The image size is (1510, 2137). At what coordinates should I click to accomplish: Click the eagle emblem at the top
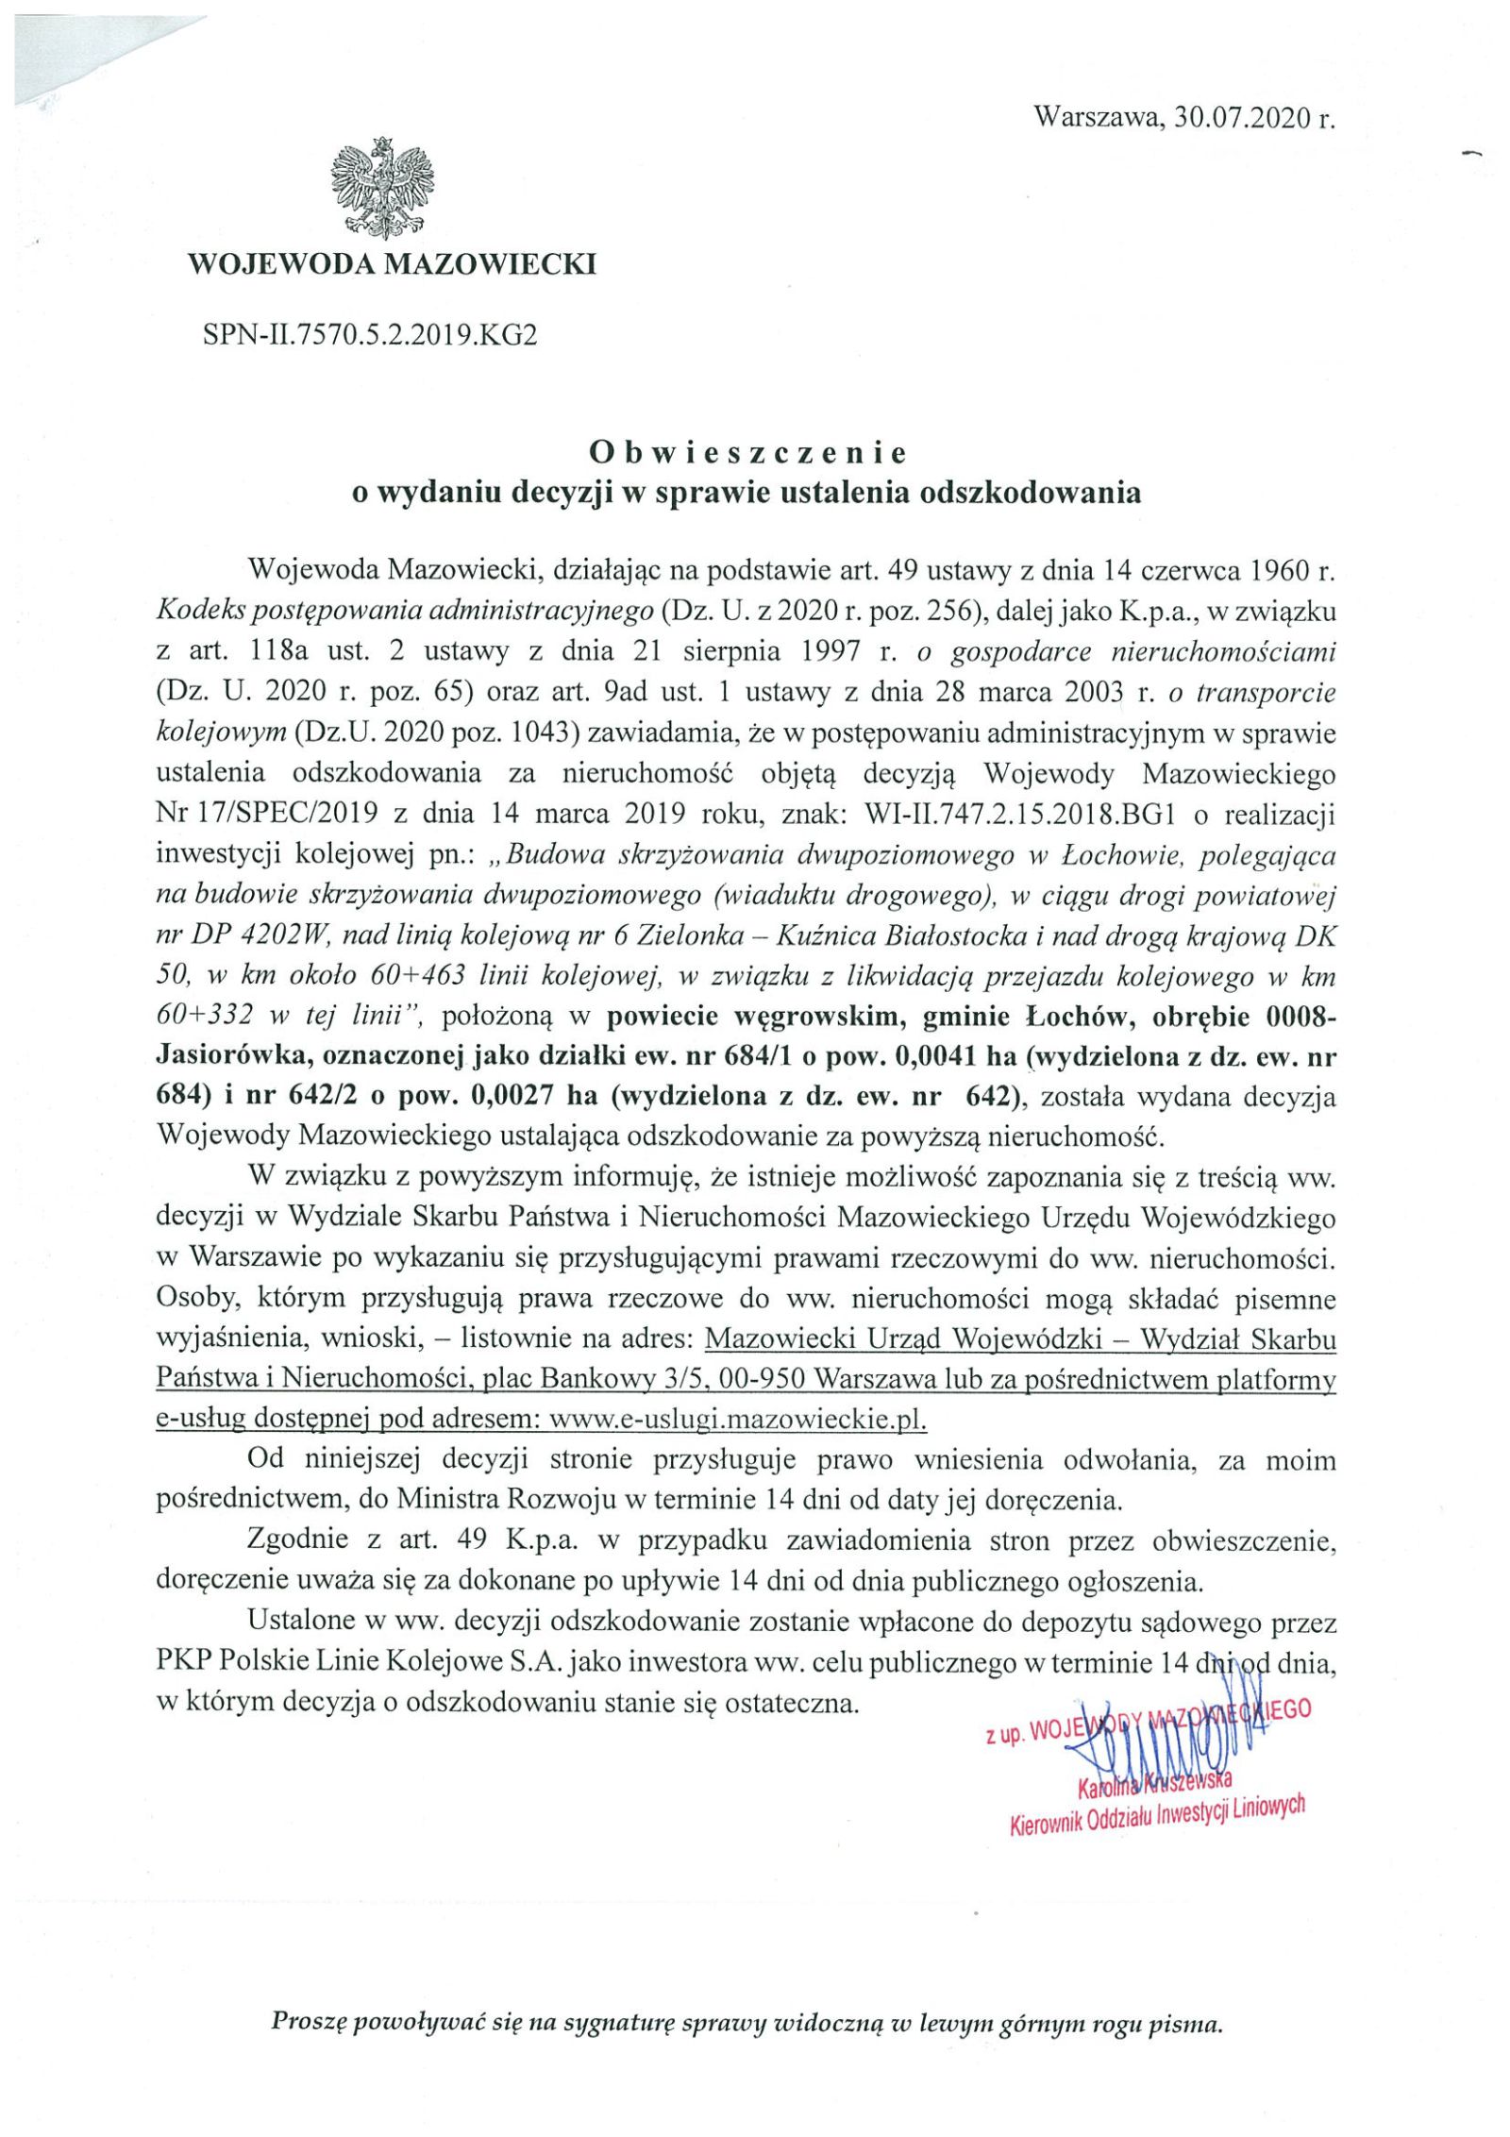pyautogui.click(x=382, y=189)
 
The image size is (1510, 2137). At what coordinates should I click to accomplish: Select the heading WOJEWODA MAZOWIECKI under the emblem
pyautogui.click(x=393, y=263)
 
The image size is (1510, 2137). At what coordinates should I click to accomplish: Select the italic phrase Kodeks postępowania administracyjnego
pyautogui.click(x=405, y=612)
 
